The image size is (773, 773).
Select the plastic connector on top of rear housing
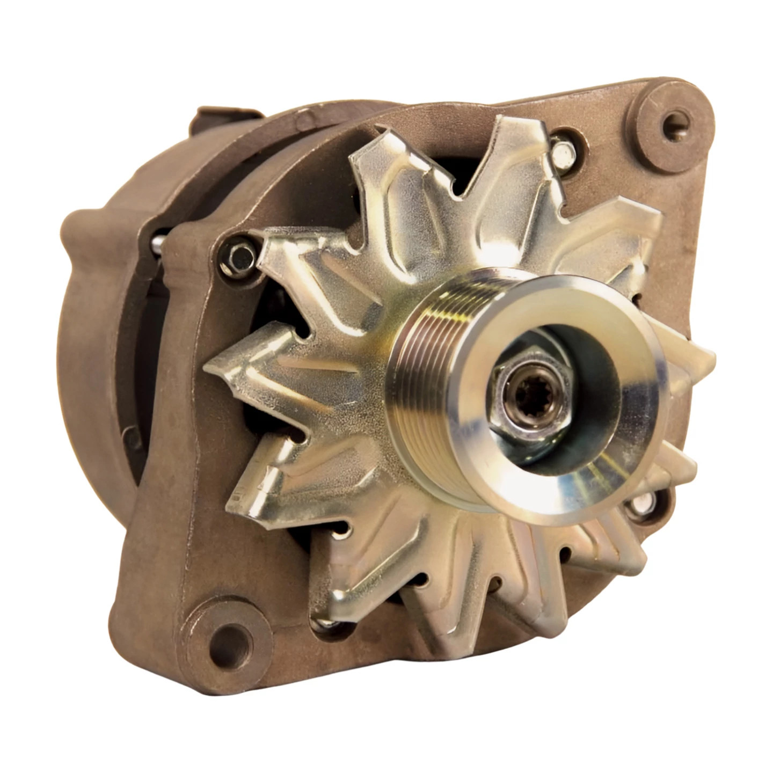pyautogui.click(x=225, y=121)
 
